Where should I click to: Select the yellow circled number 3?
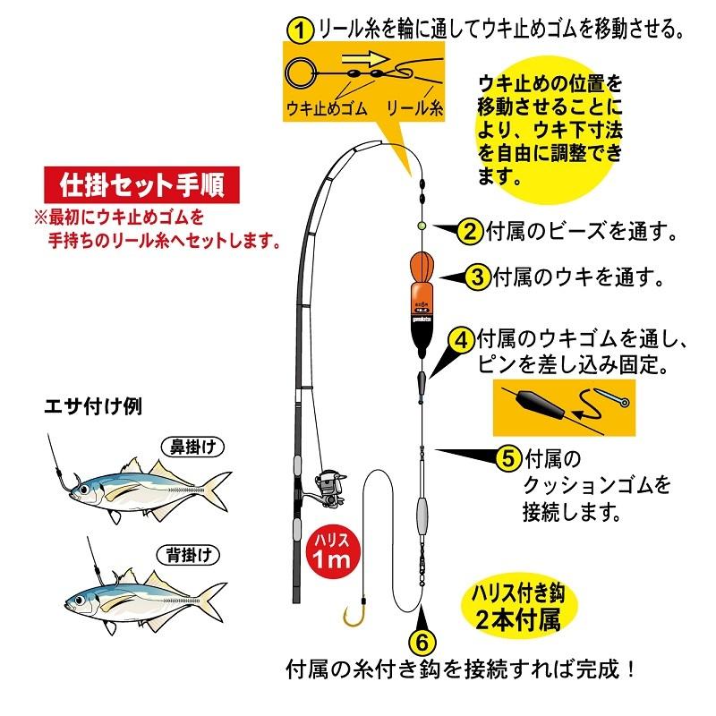[x=478, y=277]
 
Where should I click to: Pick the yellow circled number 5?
[x=507, y=458]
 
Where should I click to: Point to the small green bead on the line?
[x=420, y=226]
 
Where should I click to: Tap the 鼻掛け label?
[x=191, y=444]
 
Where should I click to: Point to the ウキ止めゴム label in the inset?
[x=321, y=109]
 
